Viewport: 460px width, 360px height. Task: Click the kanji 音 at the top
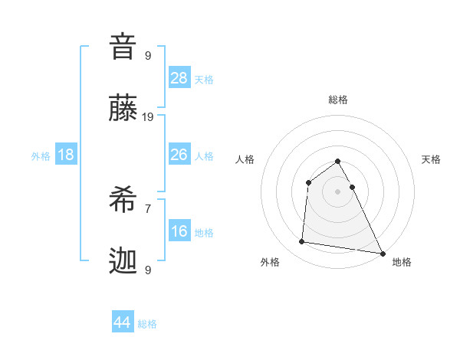coord(123,47)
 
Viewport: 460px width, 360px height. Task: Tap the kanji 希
coord(123,200)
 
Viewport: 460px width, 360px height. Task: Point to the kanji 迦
coord(123,261)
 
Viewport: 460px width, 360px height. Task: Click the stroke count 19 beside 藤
coord(148,116)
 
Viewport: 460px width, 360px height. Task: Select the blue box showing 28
coord(179,78)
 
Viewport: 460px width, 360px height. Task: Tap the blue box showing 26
coord(179,155)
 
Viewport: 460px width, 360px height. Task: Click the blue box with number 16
coord(179,231)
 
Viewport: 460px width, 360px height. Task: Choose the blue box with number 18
coord(66,155)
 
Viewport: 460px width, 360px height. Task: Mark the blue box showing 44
coord(123,322)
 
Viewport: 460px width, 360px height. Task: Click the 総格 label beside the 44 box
coord(147,324)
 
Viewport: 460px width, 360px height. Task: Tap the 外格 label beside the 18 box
coord(41,156)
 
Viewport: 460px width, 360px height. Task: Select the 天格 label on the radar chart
coord(432,159)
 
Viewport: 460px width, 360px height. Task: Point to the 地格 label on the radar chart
coord(402,262)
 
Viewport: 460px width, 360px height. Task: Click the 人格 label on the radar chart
coord(245,159)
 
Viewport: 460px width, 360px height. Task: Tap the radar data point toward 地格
coord(383,253)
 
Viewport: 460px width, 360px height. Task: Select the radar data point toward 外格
coord(302,242)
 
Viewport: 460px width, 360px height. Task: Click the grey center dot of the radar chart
coord(337,191)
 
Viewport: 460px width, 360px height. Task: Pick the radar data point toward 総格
coord(337,161)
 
